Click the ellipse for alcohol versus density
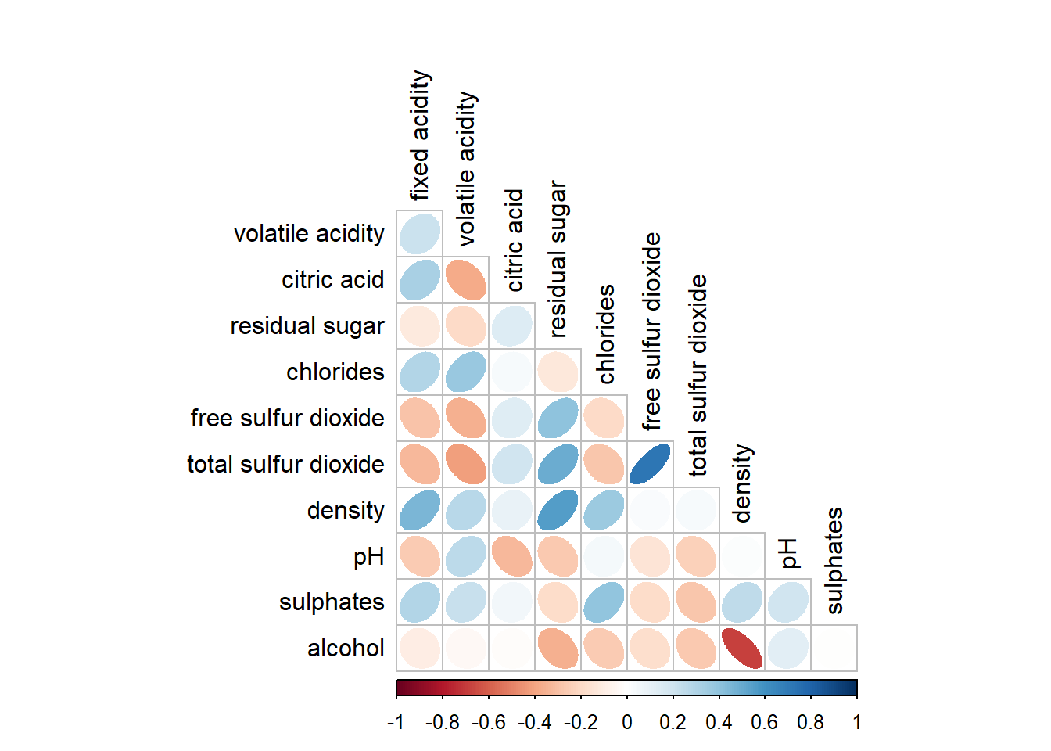pos(742,649)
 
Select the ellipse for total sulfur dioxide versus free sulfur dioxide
pos(650,464)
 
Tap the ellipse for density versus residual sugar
pos(558,510)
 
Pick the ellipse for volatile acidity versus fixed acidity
pos(420,233)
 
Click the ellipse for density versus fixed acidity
pos(420,510)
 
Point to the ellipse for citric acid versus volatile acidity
pos(466,279)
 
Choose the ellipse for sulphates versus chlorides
pos(604,602)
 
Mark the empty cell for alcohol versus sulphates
pos(834,649)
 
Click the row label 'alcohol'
pos(346,649)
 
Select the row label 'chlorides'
pos(335,372)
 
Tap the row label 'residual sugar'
pos(307,326)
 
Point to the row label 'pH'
pos(368,557)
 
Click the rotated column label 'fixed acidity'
pos(420,135)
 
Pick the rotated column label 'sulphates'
pos(834,561)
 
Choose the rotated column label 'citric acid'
pos(514,240)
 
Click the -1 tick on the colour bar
pos(396,722)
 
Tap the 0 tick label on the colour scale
pos(627,722)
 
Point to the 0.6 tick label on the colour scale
pos(765,722)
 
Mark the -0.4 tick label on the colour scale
pos(534,722)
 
